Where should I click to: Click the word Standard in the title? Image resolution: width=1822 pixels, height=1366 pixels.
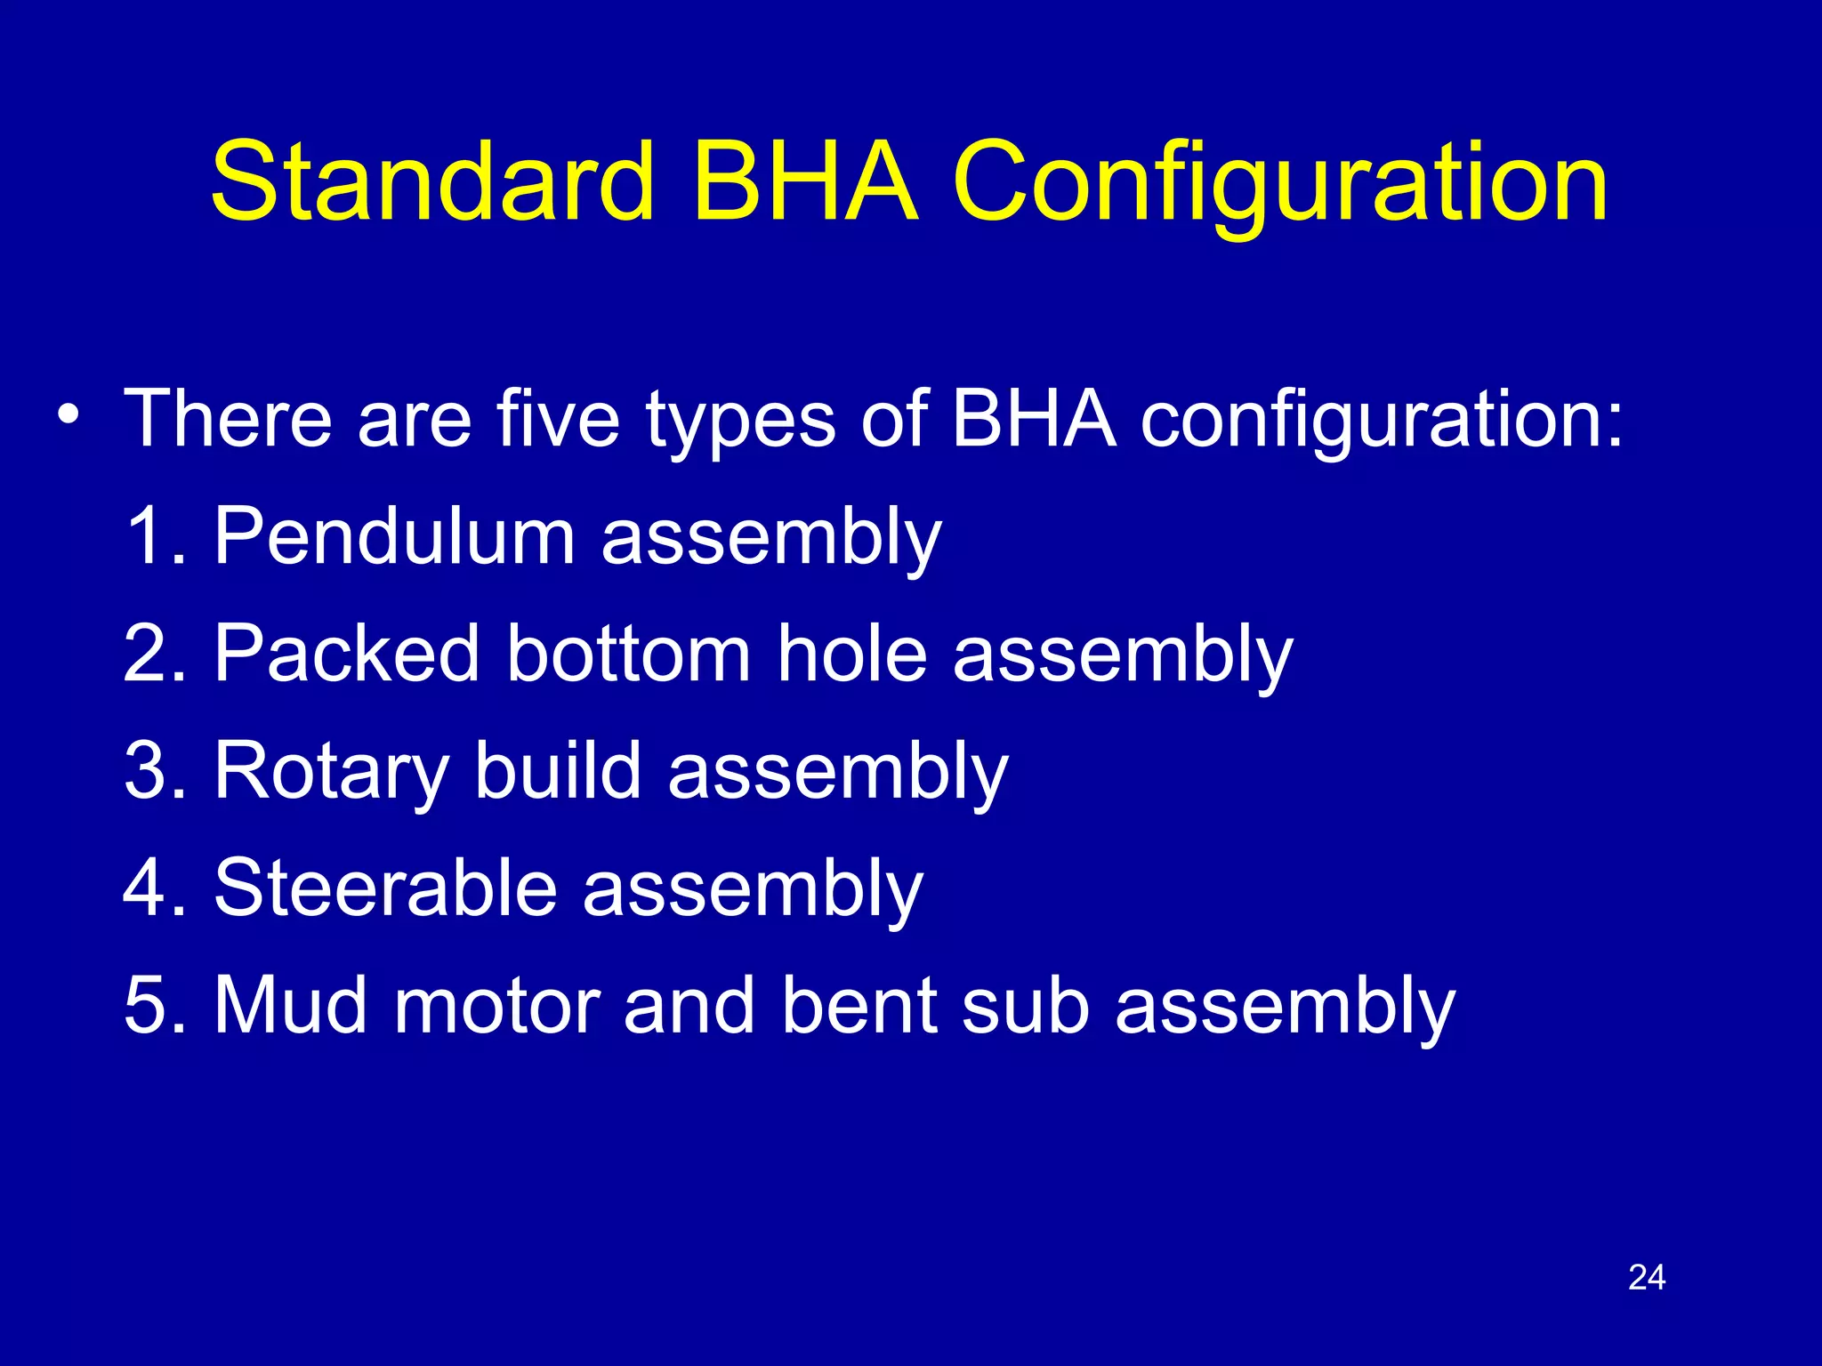pyautogui.click(x=433, y=182)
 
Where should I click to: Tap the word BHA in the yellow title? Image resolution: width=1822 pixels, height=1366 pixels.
pyautogui.click(x=804, y=182)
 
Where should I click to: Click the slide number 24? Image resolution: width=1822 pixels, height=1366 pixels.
pyautogui.click(x=1646, y=1277)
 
